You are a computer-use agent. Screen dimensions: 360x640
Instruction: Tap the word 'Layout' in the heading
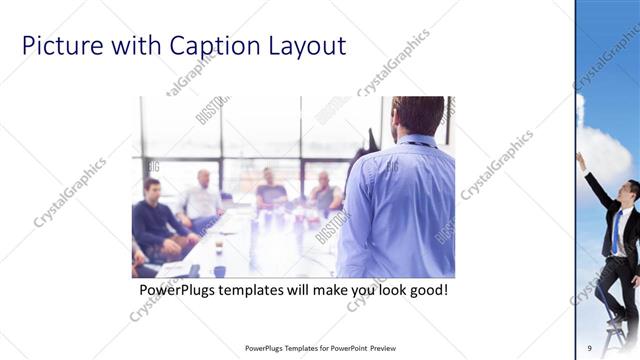303,46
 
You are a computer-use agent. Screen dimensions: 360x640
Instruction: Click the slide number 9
590,347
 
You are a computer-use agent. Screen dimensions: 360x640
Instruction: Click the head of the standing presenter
418,115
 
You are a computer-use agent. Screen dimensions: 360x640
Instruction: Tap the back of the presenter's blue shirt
400,205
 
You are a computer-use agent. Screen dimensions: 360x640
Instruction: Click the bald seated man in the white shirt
203,195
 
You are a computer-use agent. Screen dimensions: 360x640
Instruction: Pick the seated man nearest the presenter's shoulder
325,190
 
